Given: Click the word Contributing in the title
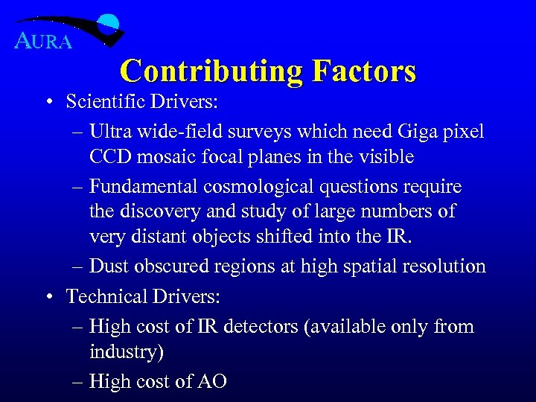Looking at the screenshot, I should click(211, 71).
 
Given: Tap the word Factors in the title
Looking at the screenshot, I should click(364, 71).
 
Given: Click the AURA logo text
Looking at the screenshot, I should click(44, 41).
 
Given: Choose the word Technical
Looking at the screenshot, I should click(108, 296).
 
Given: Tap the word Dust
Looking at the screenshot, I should click(108, 266).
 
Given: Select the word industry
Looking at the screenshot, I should click(125, 352).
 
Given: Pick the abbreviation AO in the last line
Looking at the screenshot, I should click(212, 381).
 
